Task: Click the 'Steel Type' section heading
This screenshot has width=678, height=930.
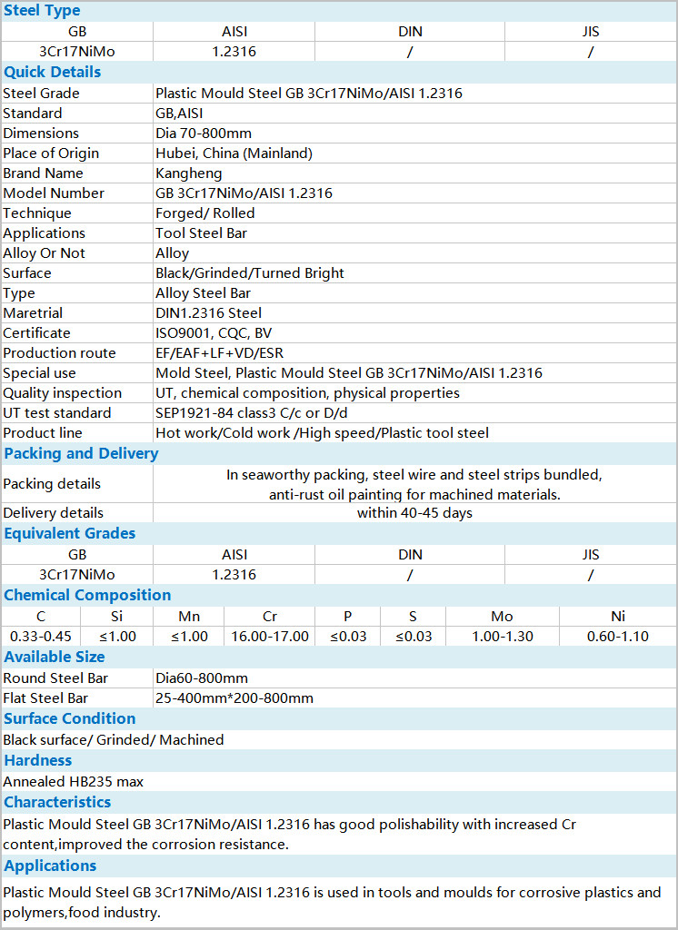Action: pos(42,11)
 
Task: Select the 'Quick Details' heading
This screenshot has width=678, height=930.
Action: pos(53,72)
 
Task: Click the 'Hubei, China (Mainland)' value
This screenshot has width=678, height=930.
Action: pos(234,153)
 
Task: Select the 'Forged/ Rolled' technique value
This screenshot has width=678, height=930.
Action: pos(204,213)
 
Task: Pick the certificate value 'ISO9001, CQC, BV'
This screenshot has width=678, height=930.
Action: pos(214,333)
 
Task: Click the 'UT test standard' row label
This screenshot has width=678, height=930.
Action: pos(57,413)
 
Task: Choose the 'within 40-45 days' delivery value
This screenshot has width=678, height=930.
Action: pos(414,513)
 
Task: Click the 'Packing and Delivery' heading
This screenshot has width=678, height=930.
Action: pos(81,453)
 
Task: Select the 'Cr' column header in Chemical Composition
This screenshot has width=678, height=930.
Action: pos(270,617)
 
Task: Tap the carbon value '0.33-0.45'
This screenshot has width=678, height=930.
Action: pos(40,637)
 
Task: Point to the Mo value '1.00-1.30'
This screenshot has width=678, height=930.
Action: pos(502,637)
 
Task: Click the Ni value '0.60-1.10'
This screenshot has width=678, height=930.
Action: pos(618,637)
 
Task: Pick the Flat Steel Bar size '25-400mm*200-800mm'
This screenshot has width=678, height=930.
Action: pos(234,698)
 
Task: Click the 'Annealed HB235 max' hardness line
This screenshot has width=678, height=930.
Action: pos(74,781)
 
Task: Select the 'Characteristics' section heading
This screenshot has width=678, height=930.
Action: pos(57,802)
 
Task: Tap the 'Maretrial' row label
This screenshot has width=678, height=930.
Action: pos(33,313)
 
